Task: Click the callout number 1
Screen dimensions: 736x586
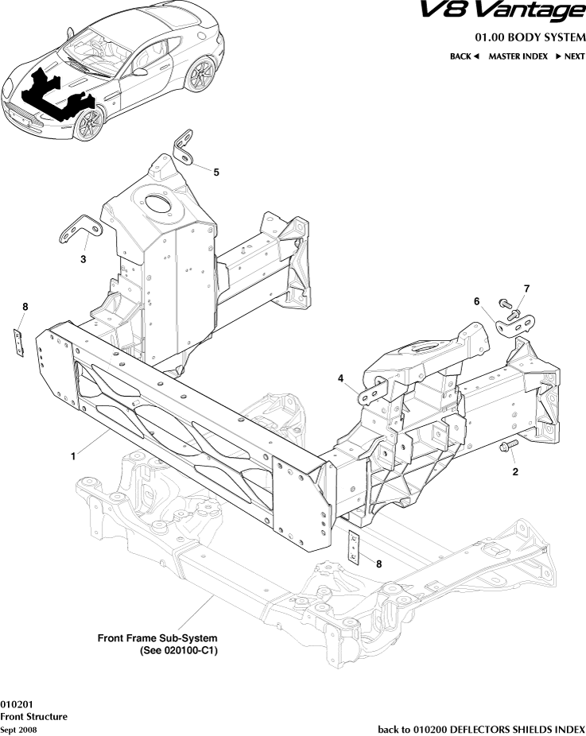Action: click(x=73, y=456)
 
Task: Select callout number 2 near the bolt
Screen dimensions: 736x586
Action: click(x=515, y=471)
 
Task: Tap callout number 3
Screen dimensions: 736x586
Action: click(x=83, y=258)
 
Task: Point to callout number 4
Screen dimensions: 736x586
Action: click(x=341, y=379)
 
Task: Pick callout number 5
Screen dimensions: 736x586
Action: click(x=216, y=172)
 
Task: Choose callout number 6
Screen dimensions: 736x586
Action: click(x=477, y=301)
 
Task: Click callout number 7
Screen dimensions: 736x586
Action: click(x=526, y=288)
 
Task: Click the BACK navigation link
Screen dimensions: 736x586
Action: click(x=464, y=56)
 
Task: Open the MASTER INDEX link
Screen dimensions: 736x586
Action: click(x=518, y=56)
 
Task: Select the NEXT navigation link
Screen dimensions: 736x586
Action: click(x=570, y=56)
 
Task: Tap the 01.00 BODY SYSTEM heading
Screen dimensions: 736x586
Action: click(x=530, y=37)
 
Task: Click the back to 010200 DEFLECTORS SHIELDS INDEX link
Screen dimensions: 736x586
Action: click(x=481, y=729)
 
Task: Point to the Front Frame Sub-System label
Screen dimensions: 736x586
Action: click(x=157, y=638)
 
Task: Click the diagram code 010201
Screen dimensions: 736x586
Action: click(x=16, y=704)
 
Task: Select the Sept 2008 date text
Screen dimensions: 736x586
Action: click(x=18, y=730)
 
